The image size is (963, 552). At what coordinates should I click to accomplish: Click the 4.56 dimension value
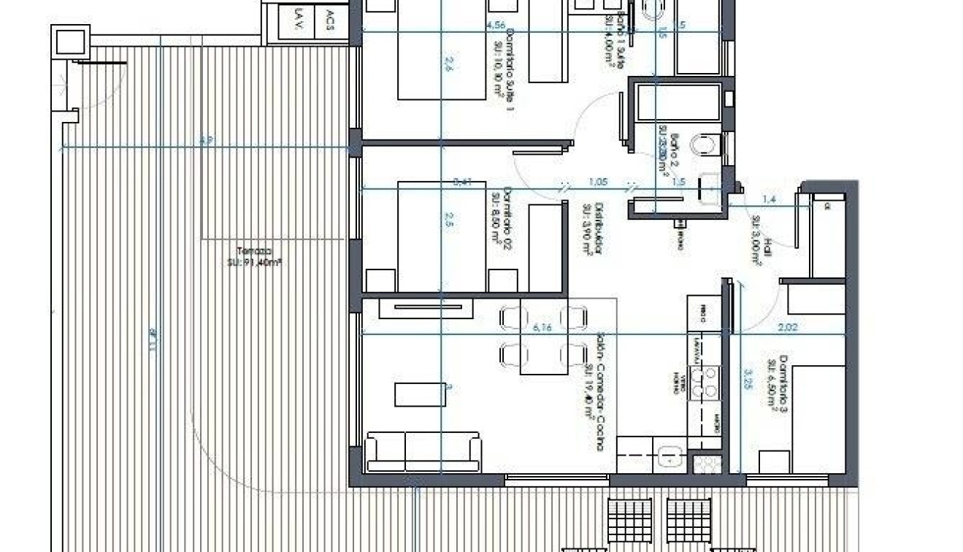(x=495, y=26)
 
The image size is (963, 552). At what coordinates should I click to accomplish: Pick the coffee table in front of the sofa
(x=420, y=394)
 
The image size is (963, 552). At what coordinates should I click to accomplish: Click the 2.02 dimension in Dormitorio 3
(x=787, y=328)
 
